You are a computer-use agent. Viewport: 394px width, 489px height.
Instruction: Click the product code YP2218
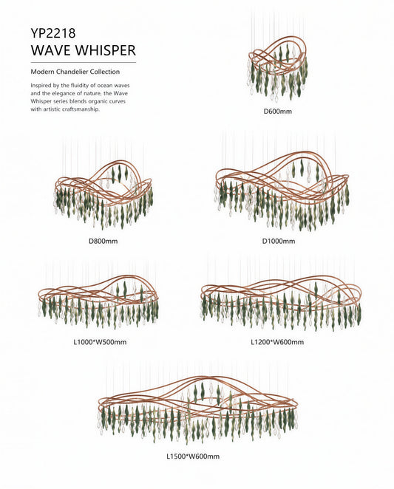click(53, 33)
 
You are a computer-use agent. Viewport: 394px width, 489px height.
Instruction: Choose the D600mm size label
click(278, 112)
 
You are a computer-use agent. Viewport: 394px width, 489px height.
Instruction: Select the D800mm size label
click(103, 241)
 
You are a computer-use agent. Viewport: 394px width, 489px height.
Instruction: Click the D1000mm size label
click(279, 241)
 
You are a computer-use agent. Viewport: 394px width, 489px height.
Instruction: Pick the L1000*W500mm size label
click(100, 342)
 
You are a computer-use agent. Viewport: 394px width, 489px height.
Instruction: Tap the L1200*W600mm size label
click(277, 342)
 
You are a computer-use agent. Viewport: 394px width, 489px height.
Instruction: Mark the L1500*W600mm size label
click(193, 456)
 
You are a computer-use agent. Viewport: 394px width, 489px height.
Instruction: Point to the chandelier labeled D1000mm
click(282, 191)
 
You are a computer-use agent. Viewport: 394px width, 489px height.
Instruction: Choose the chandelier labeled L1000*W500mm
click(98, 301)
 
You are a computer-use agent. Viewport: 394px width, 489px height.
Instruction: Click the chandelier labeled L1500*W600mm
click(197, 408)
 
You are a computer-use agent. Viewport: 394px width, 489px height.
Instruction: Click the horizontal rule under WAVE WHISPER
click(84, 63)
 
